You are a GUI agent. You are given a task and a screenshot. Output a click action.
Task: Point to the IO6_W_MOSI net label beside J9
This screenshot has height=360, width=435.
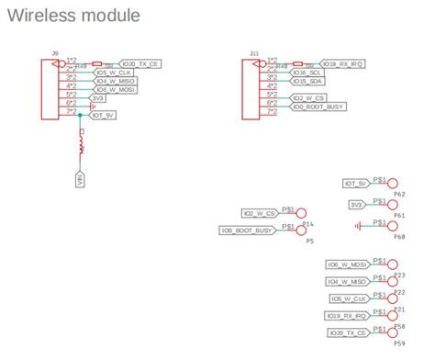pyautogui.click(x=116, y=89)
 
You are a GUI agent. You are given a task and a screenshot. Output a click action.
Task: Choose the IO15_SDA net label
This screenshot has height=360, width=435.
pyautogui.click(x=305, y=81)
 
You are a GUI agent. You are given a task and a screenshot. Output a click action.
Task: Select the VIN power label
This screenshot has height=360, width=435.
pyautogui.click(x=81, y=179)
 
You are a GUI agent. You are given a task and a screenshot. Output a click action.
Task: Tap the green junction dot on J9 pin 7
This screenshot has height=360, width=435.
pyautogui.click(x=81, y=116)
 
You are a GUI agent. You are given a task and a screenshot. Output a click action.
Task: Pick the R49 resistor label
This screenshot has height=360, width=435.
pyautogui.click(x=81, y=67)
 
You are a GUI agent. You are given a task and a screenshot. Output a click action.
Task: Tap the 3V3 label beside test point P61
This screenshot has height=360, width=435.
pyautogui.click(x=357, y=204)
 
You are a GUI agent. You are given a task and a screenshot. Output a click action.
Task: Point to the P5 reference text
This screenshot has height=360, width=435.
pyautogui.click(x=309, y=241)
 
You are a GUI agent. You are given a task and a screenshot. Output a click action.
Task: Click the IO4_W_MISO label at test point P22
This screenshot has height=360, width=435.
pyautogui.click(x=347, y=281)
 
